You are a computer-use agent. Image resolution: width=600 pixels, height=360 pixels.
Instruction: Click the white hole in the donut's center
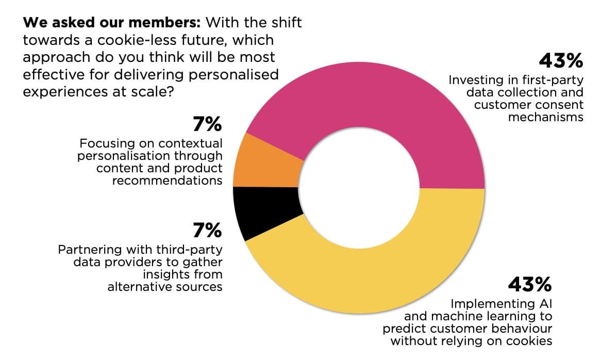tap(359, 188)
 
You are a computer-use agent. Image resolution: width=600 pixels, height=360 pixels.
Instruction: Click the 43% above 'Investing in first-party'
tap(561, 61)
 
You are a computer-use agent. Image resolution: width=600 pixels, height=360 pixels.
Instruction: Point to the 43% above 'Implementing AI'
tap(530, 284)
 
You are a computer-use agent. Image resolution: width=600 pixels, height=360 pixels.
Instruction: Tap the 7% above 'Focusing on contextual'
tap(207, 125)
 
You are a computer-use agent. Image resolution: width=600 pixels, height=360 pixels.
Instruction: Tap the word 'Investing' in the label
tap(472, 80)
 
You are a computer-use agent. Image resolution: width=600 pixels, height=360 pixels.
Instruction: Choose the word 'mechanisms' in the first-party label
tap(546, 117)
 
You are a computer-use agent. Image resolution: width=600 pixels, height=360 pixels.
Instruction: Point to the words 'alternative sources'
tap(165, 287)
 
